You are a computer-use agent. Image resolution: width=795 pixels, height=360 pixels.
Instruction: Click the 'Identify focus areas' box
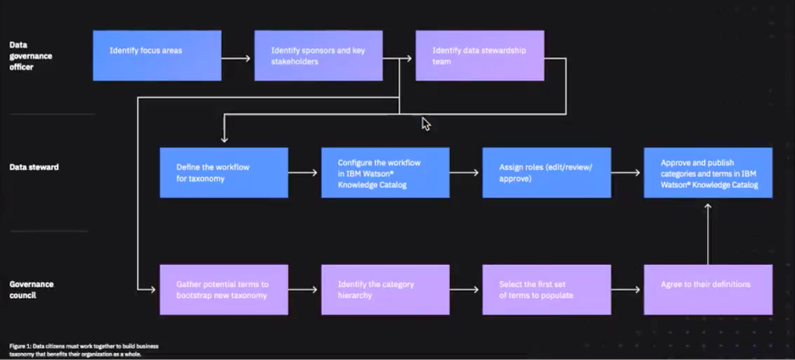[157, 56]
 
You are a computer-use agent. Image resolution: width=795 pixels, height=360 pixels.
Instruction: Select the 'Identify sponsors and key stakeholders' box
[319, 56]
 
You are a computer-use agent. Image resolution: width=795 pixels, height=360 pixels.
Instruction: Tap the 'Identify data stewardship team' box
[480, 56]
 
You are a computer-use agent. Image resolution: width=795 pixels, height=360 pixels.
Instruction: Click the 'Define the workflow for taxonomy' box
[224, 172]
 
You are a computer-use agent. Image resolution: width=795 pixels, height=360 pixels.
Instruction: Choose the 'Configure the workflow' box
[386, 172]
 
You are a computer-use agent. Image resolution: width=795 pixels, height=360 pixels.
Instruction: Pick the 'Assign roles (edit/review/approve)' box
[547, 172]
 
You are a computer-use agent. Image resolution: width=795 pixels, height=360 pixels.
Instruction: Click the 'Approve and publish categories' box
[708, 172]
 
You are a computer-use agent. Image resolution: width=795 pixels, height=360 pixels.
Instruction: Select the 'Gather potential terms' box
[224, 290]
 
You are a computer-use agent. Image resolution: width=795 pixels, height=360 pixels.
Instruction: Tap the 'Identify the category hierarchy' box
[386, 290]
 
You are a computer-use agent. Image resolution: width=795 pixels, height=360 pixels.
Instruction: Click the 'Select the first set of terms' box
[547, 290]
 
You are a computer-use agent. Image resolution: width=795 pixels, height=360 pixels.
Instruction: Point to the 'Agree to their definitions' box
[708, 290]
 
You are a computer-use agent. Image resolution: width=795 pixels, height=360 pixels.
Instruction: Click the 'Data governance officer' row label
[31, 56]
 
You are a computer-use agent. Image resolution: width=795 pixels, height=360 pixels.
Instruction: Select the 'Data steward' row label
[34, 167]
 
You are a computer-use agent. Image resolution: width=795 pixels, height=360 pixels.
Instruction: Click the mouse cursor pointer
[426, 124]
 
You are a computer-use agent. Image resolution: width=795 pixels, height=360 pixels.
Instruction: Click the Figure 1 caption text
[83, 350]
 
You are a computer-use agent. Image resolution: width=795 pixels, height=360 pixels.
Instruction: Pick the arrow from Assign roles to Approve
[627, 172]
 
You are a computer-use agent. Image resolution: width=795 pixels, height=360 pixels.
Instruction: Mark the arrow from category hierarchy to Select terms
[465, 290]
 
